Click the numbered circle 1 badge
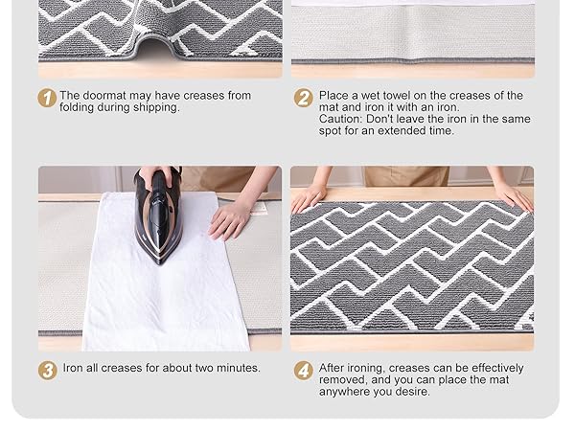[47, 98]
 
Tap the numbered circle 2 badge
[304, 98]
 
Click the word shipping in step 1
[154, 108]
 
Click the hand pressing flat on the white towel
[230, 217]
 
